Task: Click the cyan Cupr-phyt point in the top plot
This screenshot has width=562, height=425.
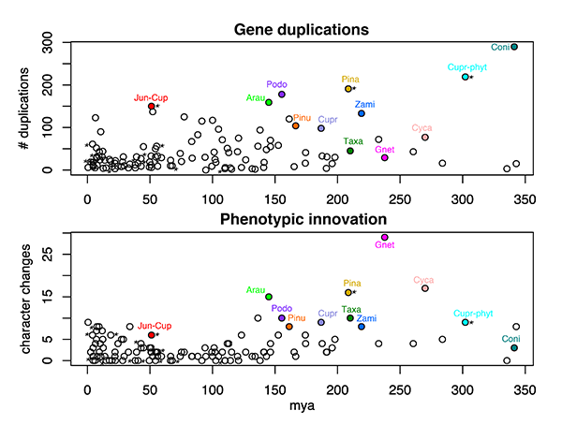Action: coord(465,77)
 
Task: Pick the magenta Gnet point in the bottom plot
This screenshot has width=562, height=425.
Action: coord(385,237)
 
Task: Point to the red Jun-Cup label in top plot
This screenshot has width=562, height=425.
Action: coord(151,96)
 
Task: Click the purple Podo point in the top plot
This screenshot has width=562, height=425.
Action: coord(281,95)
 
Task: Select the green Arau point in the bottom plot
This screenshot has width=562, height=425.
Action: coord(269,296)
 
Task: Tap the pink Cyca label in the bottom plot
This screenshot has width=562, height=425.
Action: coord(423,280)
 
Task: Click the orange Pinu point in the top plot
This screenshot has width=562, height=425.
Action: coord(295,125)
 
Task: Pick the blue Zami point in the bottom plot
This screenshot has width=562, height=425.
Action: coord(362,327)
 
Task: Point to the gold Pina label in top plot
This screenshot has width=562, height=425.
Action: coord(350,80)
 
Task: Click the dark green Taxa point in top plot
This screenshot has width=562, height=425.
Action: coord(350,151)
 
